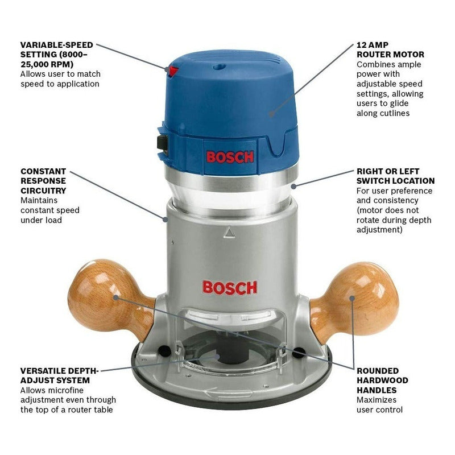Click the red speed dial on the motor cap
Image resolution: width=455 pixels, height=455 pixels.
(x=173, y=71)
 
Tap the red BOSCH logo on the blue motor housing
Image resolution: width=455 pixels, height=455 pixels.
(x=230, y=157)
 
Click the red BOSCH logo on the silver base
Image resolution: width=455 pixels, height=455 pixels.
(x=230, y=288)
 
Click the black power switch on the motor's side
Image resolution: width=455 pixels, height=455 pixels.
(x=163, y=143)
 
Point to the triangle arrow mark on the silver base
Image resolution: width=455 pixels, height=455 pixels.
(x=229, y=233)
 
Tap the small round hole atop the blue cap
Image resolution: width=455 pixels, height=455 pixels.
(x=220, y=67)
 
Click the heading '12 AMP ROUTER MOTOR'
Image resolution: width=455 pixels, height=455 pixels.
(x=390, y=49)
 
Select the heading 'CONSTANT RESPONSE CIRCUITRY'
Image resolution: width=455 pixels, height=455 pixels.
(x=44, y=181)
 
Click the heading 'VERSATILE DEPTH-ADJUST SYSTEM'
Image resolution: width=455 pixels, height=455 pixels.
(x=59, y=375)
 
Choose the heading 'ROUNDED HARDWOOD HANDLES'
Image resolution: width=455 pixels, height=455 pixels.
(x=382, y=380)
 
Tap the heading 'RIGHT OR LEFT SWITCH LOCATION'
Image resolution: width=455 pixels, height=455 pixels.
(x=395, y=176)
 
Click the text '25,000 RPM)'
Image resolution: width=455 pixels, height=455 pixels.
(x=47, y=64)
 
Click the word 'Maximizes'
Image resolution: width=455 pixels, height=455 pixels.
(x=377, y=400)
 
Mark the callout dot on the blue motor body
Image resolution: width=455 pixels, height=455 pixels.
(x=271, y=114)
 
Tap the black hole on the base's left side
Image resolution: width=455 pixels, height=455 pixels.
(x=164, y=351)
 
